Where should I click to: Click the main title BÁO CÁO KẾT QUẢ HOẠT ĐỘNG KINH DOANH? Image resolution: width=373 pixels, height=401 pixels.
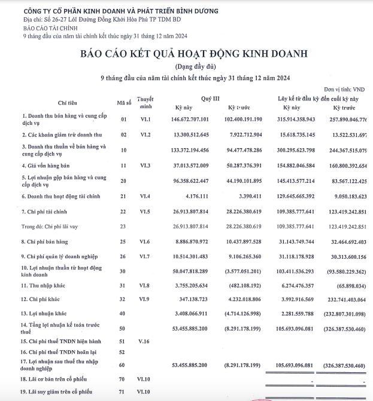tap(194, 54)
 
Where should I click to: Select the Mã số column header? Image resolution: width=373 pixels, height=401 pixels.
tap(125, 103)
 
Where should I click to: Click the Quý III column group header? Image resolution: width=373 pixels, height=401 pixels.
tap(204, 97)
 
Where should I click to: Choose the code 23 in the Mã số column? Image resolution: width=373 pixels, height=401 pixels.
tap(125, 226)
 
